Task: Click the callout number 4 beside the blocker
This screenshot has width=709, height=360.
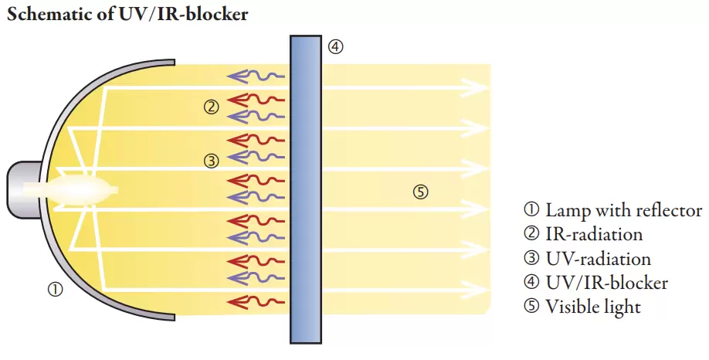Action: (x=334, y=46)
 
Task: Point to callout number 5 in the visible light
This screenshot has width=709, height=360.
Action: (x=420, y=192)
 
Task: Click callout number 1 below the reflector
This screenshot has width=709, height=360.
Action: (x=56, y=290)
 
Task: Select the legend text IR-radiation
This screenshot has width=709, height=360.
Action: (x=594, y=234)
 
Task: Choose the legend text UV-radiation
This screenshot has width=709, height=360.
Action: (x=598, y=258)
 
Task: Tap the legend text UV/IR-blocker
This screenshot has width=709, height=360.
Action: (x=606, y=282)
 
